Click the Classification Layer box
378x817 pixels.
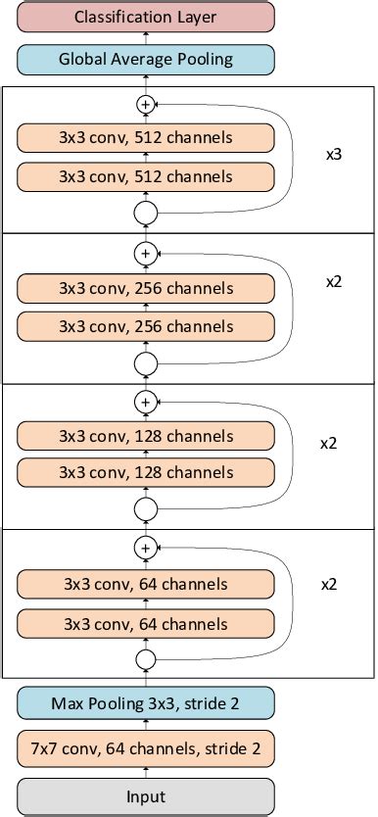point(146,17)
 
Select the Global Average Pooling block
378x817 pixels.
point(146,59)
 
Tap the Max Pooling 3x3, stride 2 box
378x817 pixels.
point(146,702)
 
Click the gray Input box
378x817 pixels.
point(146,796)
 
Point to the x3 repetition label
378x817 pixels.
point(332,154)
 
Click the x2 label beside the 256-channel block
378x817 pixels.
point(332,281)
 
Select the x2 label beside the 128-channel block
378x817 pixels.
point(329,443)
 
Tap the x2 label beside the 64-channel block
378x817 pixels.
point(329,584)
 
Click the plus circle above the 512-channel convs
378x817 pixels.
point(146,103)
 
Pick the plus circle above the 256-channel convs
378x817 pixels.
point(146,254)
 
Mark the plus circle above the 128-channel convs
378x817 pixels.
point(146,401)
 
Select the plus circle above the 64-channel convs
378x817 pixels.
point(146,548)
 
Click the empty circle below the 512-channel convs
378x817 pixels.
point(146,212)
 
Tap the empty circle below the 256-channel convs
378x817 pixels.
point(146,363)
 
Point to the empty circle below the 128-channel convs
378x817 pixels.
point(146,509)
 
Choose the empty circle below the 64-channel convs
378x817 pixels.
point(146,659)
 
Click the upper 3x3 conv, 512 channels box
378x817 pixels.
point(146,137)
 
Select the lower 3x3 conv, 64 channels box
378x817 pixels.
point(146,624)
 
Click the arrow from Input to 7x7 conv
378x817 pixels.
point(146,773)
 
